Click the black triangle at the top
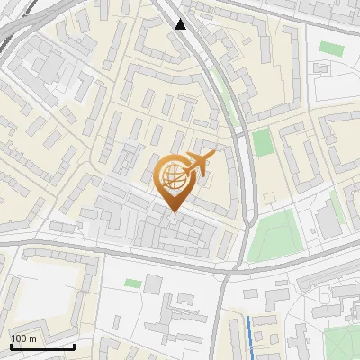pos(181,24)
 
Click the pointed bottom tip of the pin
pos(174,212)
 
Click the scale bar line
pos(42,346)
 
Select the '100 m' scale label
pos(23,337)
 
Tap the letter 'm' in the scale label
pos(32,337)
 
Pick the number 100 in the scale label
pos(19,337)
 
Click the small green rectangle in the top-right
pos(331,48)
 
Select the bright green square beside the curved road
pos(262,142)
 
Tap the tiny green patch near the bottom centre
pos(133,283)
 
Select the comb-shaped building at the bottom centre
pos(175,316)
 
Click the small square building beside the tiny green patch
pos(153,284)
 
